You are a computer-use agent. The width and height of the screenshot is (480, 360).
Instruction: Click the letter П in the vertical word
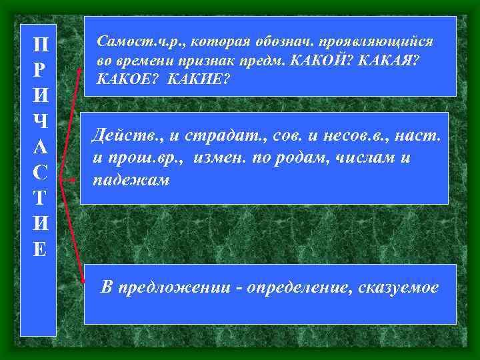click(x=39, y=47)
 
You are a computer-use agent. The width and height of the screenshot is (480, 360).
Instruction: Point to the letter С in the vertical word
click(x=39, y=173)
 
